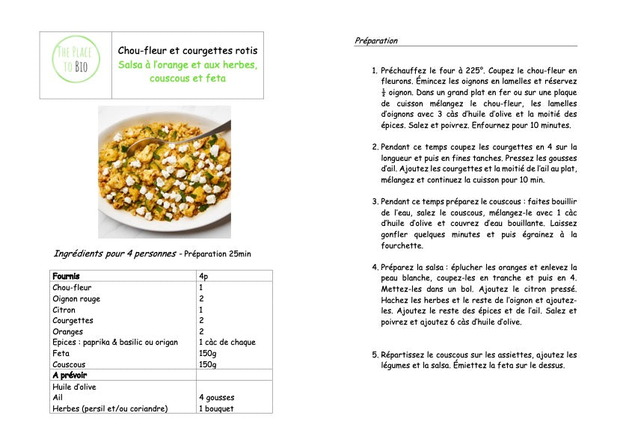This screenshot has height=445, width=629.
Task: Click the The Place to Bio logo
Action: [x=76, y=65]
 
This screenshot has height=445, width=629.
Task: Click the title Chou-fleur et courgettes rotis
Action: [x=187, y=50]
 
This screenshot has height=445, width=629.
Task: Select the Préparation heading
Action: [x=376, y=40]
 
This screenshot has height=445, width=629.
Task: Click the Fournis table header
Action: [x=66, y=276]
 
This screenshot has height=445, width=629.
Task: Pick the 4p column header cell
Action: [x=203, y=276]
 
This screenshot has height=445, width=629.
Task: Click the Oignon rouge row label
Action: [x=76, y=298]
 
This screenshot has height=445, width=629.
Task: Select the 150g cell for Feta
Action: [x=207, y=353]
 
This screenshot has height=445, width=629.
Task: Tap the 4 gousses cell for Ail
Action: [x=216, y=398]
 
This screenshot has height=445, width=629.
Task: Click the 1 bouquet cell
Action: [x=215, y=408]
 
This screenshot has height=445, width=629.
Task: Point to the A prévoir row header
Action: [x=70, y=375]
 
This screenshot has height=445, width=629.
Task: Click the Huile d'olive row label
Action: [x=75, y=387]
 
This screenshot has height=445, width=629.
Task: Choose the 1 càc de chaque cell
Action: [x=227, y=342]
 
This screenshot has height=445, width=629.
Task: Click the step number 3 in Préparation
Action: [x=375, y=202]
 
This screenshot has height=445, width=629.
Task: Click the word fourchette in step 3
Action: [x=402, y=245]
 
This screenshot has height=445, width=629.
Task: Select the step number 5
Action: [x=375, y=355]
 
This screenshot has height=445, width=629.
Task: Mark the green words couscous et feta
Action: [x=187, y=78]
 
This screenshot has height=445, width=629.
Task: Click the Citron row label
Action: [x=64, y=309]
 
